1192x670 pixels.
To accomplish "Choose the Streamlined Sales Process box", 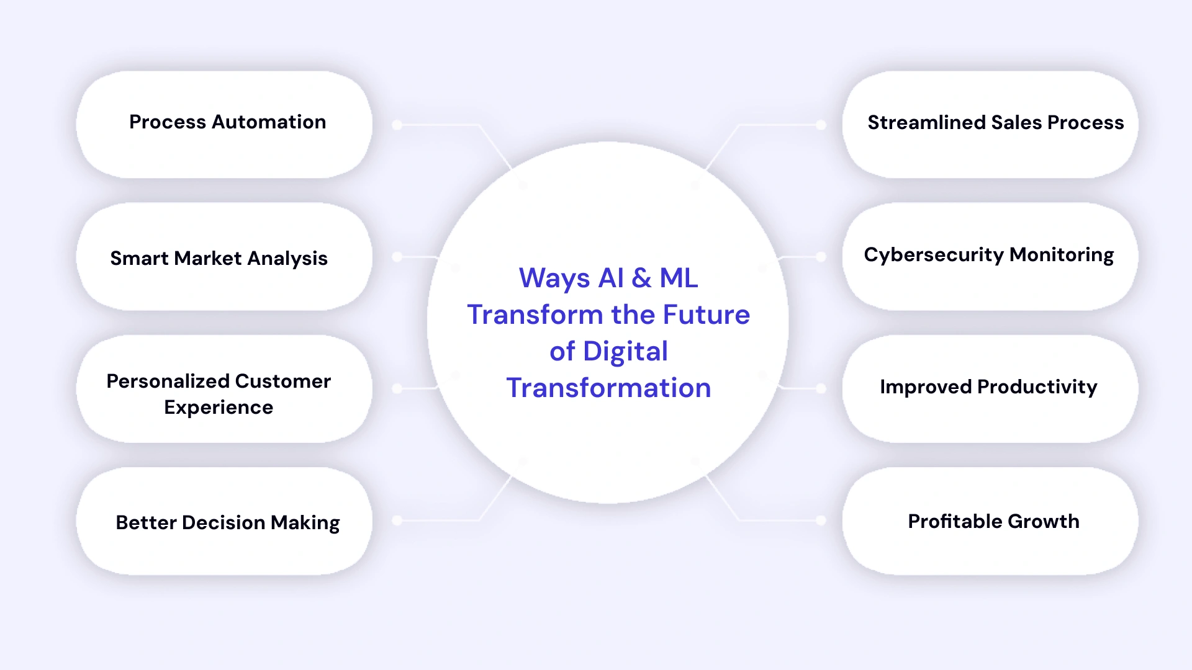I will [990, 124].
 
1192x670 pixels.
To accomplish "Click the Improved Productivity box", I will [990, 388].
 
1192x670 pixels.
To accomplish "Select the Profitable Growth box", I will [990, 521].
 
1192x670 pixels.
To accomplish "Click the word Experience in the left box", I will [219, 408].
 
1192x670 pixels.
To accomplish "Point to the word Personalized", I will [167, 381].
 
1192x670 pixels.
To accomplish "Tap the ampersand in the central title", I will [641, 278].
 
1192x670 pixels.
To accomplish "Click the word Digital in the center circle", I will [625, 352].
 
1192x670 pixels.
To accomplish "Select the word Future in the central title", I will [707, 315].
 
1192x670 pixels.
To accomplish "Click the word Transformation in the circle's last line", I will [608, 388].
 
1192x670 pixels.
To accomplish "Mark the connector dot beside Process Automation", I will [397, 125].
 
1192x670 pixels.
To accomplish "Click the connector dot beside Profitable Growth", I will [821, 520].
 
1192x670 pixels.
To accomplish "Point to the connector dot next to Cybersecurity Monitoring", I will [821, 257].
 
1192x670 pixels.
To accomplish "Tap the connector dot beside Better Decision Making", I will [397, 520].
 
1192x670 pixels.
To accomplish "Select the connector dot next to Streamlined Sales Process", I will [821, 125].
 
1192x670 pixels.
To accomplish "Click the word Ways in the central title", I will [554, 279].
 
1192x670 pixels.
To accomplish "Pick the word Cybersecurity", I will [933, 255].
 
